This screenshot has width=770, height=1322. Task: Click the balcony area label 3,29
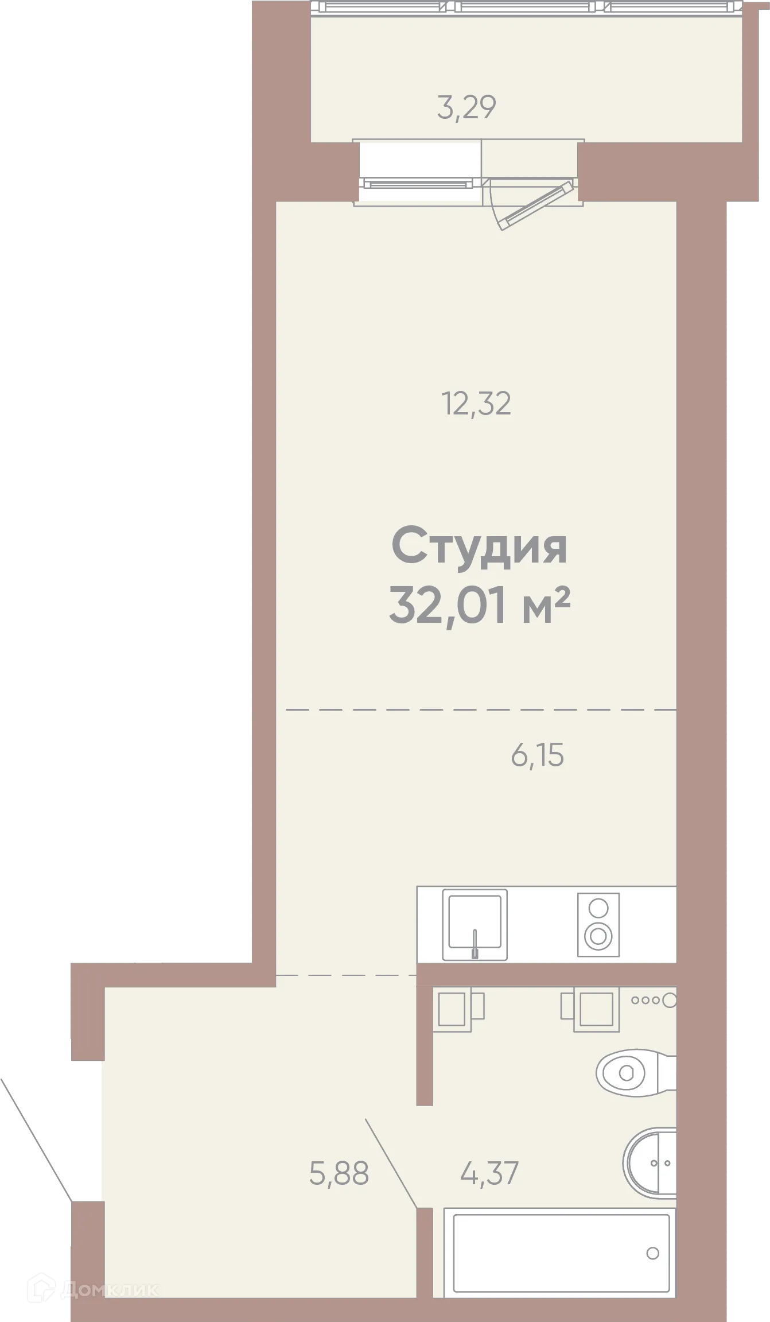coord(466,107)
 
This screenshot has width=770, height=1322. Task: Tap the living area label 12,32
coord(476,404)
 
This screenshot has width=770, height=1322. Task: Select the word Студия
coord(479,547)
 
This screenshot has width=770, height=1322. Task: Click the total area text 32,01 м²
coord(479,605)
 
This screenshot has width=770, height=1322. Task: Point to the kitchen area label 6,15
coord(537,755)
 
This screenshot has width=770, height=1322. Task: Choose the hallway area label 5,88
coord(339,1173)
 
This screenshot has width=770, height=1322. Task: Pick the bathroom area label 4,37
coord(489,1173)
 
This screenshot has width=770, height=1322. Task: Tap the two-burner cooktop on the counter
coord(598,924)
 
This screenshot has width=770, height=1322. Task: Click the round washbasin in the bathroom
coord(650,1164)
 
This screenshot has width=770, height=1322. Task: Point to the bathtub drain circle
coord(652,1253)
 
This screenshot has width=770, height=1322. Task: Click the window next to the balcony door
coord(419,172)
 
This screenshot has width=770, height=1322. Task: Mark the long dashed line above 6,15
coord(481,710)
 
